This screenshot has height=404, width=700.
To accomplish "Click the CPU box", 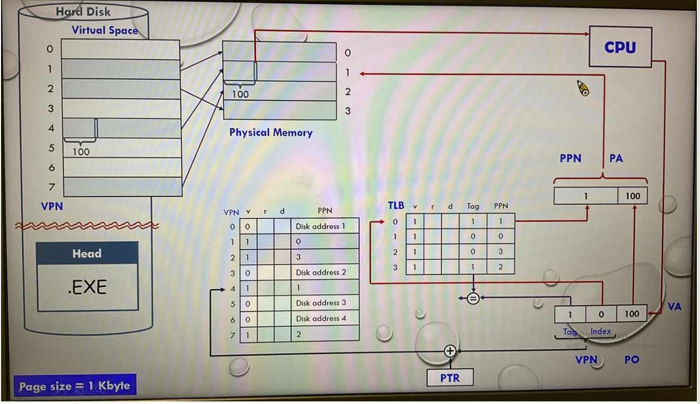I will coord(620,47).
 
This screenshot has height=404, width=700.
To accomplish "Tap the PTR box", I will coord(450,377).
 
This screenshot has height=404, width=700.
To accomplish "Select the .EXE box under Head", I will coord(87,287).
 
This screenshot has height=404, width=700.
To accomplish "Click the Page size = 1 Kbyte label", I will coord(74,386).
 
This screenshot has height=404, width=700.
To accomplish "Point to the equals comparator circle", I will coord(473,298).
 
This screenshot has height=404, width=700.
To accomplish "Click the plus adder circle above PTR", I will coord(450,351).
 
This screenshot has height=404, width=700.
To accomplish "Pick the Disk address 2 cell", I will coord(321,272).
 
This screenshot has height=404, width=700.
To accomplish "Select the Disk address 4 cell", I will coord(321,319).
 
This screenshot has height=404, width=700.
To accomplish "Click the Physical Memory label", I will coord(271,132).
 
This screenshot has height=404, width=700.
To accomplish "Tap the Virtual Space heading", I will coord(105,30).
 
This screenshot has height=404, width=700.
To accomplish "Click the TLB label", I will coord(396,206).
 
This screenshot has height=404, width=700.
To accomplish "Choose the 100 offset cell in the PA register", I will coord(632,197).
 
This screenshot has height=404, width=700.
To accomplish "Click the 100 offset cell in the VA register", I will coord(632,314).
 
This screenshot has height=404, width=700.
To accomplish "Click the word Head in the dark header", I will coord(87,254).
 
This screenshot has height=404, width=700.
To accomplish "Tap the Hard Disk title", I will coord(83,11).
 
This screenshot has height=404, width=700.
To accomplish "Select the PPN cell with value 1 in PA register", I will coord(586,197).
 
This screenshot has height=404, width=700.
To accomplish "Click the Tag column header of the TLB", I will coord(473,206).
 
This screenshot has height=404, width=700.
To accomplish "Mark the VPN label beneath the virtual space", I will coord(52,206).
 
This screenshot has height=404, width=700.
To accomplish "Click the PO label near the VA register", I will coord(631,360).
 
